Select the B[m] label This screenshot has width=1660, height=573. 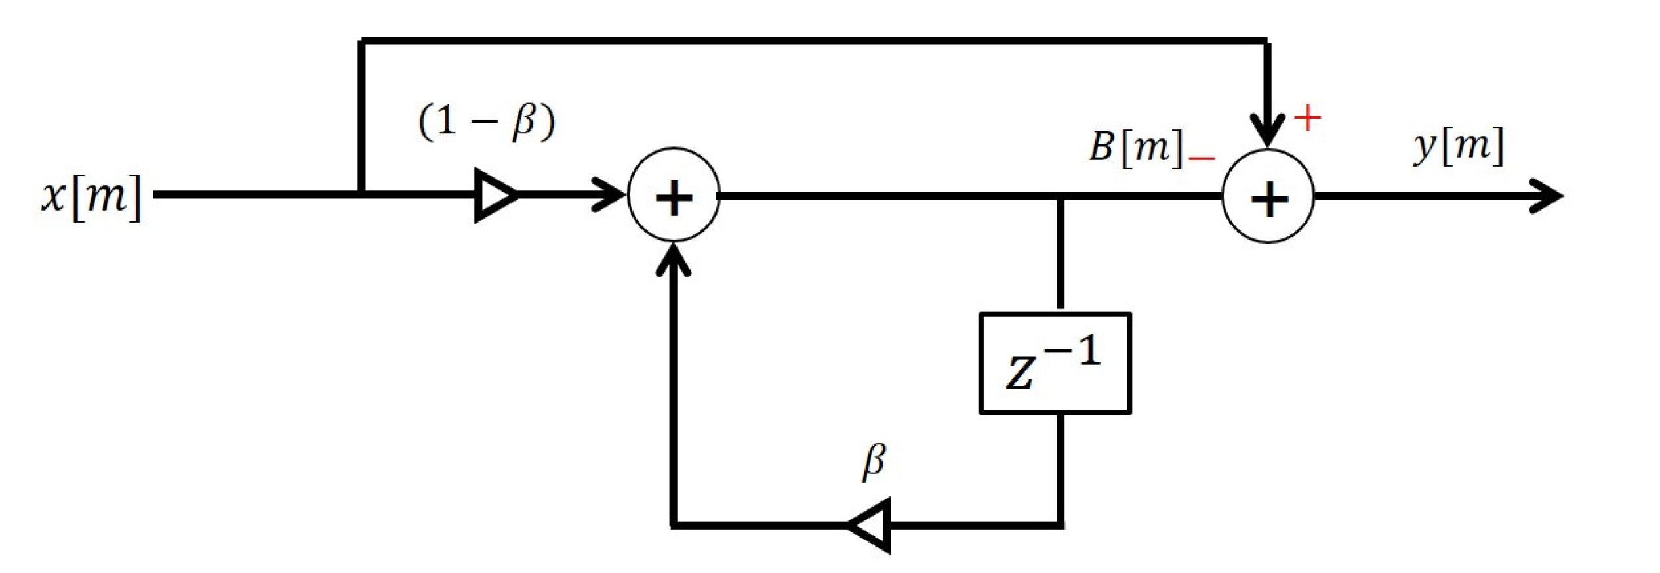[1136, 146]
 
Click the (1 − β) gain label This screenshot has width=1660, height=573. [487, 121]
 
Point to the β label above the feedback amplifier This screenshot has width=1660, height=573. [874, 461]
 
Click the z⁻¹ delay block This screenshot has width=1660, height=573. [1055, 363]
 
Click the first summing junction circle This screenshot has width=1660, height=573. [674, 195]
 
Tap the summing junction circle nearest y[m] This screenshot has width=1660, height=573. [1268, 196]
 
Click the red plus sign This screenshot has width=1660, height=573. [1307, 118]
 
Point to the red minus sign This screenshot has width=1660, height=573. [1202, 158]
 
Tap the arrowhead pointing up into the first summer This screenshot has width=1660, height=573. [674, 261]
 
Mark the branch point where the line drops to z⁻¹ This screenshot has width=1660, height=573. [1061, 196]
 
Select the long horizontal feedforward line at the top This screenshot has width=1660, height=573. [813, 41]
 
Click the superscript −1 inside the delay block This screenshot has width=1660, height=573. [1073, 350]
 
